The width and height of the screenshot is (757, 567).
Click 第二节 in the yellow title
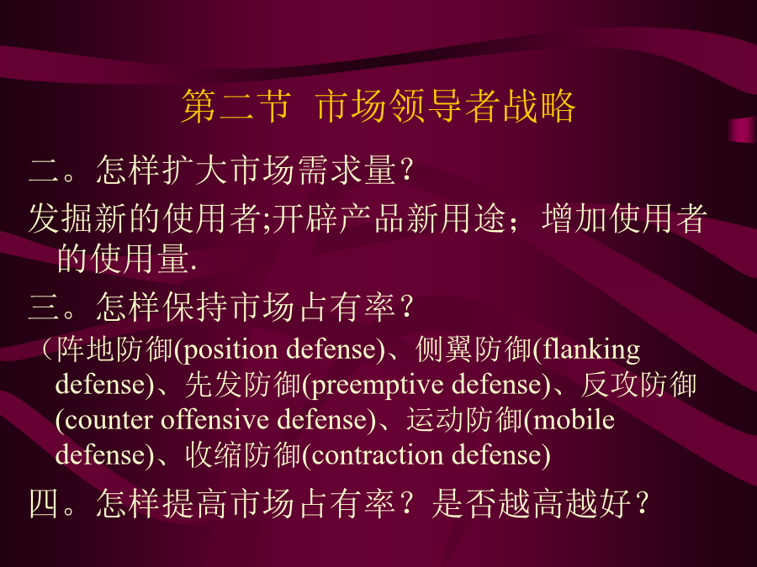coord(237,106)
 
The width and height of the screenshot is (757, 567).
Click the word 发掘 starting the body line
coord(61,218)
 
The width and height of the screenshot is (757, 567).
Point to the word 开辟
coord(305,218)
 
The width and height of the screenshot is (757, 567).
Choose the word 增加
coord(574,218)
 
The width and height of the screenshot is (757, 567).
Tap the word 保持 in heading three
coord(194,307)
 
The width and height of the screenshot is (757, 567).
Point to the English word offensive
coord(214,418)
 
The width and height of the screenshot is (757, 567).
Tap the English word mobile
coord(574,418)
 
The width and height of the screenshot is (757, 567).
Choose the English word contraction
coord(377,455)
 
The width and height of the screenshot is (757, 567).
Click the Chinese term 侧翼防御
coord(474,349)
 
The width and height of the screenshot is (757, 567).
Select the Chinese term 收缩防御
coord(243,454)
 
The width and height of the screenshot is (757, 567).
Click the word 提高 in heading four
coord(194,503)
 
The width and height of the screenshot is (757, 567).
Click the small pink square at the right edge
coord(743,129)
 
